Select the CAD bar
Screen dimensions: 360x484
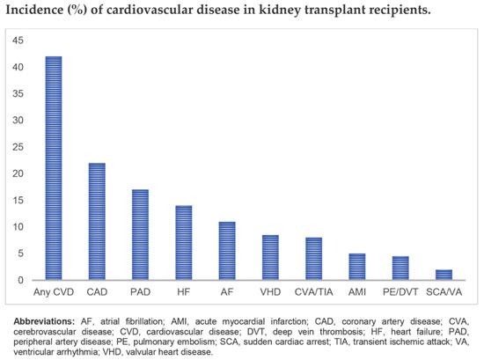pyautogui.click(x=97, y=222)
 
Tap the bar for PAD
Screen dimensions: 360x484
pyautogui.click(x=139, y=235)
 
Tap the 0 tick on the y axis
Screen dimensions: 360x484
pyautogui.click(x=20, y=280)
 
